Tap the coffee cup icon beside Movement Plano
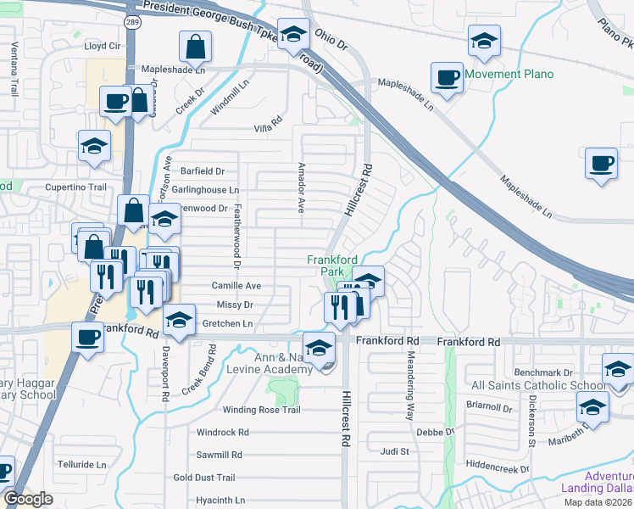point(446,78)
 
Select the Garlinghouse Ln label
point(205,190)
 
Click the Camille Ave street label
point(236,286)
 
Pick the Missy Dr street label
point(235,305)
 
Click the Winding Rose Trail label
point(261,410)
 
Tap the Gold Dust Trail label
point(203,478)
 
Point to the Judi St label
point(395,451)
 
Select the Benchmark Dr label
point(543,372)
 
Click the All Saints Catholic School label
point(538,386)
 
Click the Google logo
point(28,500)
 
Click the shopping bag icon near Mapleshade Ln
point(195,48)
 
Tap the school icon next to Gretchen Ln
point(179,322)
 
